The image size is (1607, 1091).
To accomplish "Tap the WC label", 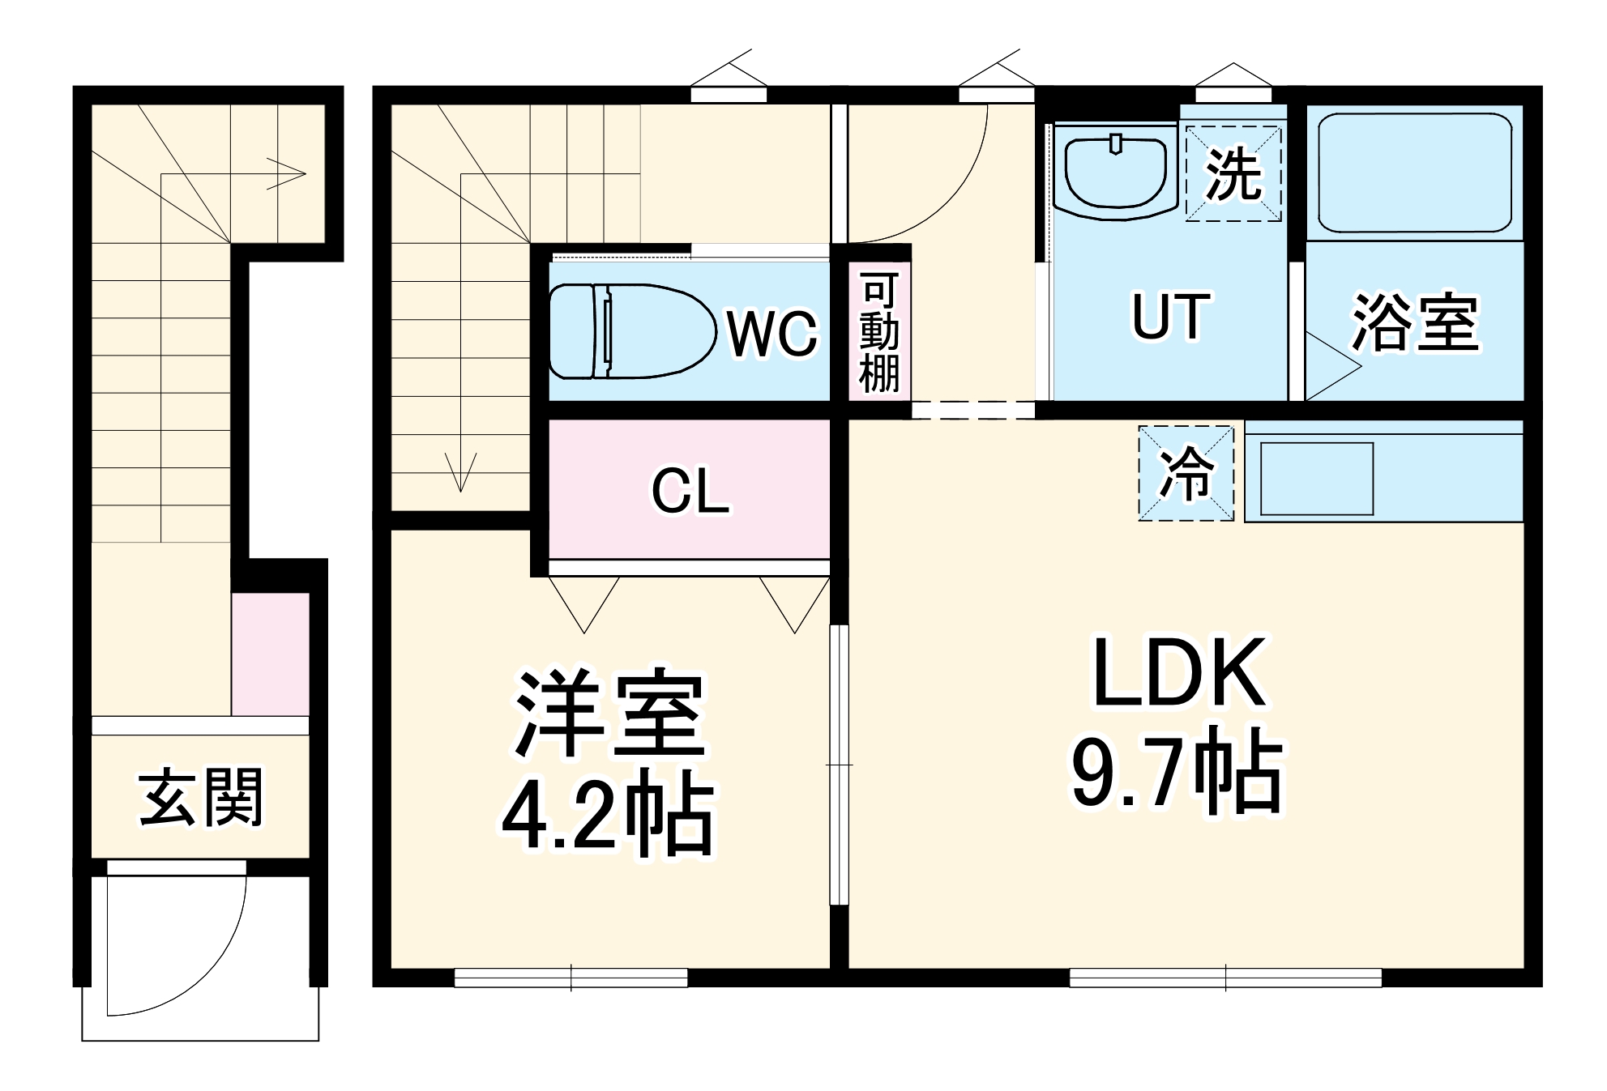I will [771, 333].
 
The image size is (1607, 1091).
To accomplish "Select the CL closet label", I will [690, 491].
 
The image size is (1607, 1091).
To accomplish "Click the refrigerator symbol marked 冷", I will [1186, 474].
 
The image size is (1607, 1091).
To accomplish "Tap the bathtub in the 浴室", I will [1414, 173].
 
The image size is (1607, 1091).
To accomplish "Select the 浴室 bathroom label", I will [1415, 323].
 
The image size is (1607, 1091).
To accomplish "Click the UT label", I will [1170, 317].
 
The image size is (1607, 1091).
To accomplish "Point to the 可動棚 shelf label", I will [879, 333].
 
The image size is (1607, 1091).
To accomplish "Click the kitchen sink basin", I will [1316, 479].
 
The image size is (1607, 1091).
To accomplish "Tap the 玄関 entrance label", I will [200, 798].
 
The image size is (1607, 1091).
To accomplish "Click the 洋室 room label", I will [609, 713].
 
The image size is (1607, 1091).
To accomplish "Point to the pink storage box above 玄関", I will [271, 654].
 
